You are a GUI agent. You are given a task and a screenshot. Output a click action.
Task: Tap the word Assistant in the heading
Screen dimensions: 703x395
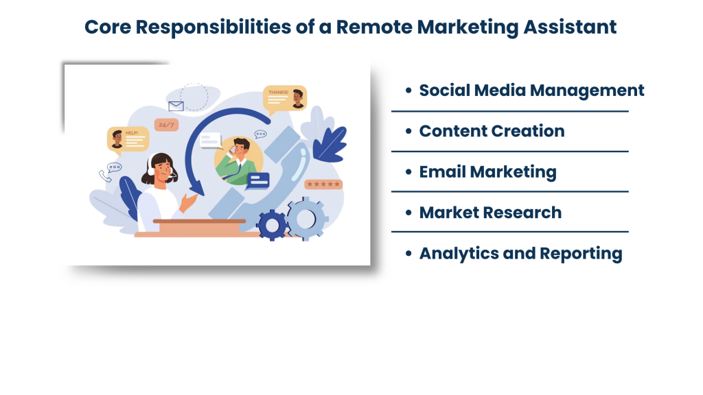(x=570, y=27)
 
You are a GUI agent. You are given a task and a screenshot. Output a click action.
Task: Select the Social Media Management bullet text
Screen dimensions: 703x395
(x=531, y=91)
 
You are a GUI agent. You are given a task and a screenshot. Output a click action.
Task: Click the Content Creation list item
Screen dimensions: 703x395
(x=492, y=131)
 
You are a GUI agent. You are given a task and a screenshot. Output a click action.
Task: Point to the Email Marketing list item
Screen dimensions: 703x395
(x=488, y=172)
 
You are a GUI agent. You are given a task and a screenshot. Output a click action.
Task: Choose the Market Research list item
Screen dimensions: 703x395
(x=490, y=213)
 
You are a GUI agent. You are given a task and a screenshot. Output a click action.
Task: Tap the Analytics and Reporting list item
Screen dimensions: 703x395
(x=520, y=254)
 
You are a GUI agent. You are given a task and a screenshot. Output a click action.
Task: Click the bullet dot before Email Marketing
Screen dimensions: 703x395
(x=408, y=172)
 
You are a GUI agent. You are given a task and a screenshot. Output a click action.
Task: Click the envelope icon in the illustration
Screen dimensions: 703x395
(x=176, y=106)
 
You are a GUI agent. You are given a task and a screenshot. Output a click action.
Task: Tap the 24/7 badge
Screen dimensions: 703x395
(x=166, y=125)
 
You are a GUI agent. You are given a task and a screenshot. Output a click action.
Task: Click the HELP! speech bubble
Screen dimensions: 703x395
(x=128, y=140)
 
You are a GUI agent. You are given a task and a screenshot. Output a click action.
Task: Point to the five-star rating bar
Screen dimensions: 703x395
(x=323, y=184)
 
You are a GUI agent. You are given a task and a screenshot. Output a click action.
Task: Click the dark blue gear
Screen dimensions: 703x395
(x=272, y=225)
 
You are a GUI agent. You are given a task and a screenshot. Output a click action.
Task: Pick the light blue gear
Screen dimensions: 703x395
(x=306, y=219)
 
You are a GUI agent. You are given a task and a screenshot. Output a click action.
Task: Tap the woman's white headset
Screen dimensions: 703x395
(x=150, y=166)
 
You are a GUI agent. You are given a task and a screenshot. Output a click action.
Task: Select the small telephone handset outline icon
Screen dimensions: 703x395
(x=105, y=176)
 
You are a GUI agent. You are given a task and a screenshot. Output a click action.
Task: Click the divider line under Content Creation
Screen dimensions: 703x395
(x=510, y=152)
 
